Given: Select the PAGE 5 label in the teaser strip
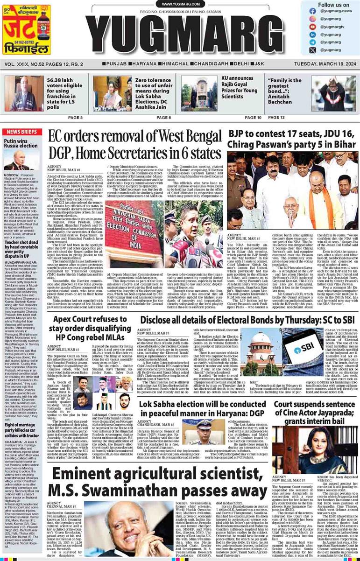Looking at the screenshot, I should pos(76,118).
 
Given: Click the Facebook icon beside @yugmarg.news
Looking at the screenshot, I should pos(312,11).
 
